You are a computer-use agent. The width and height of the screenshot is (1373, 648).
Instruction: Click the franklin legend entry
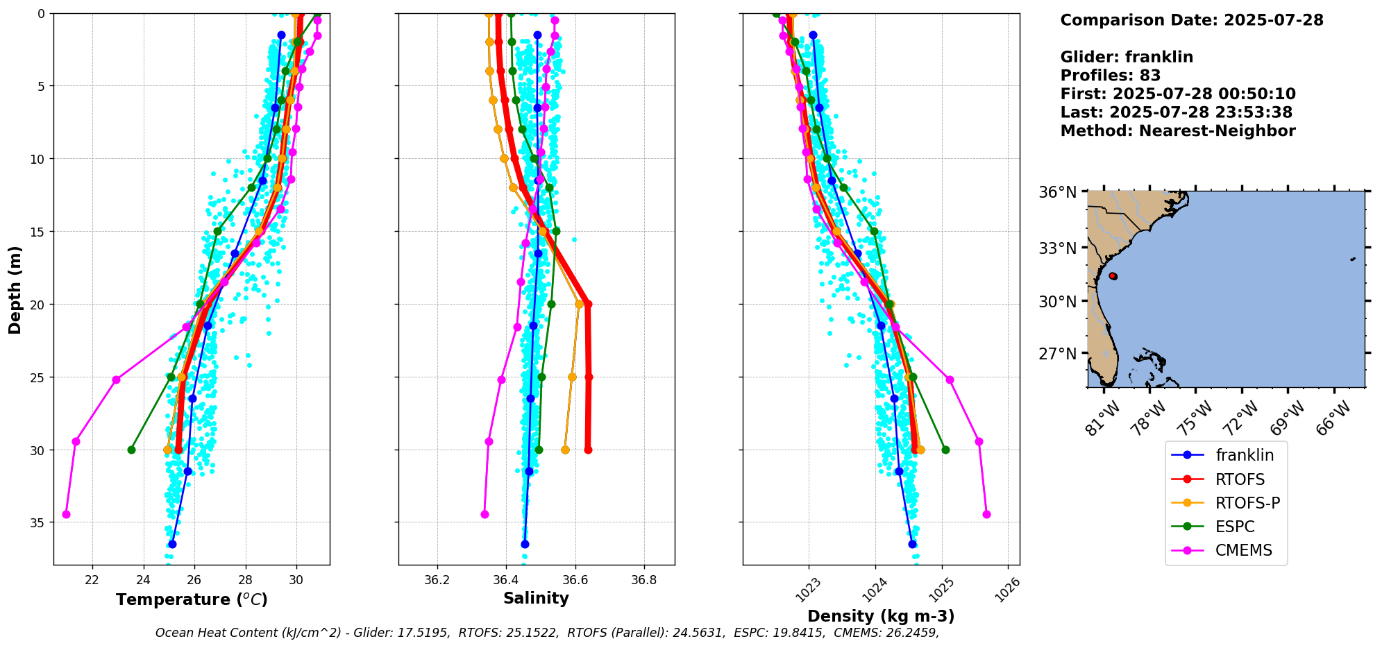[x=1244, y=455]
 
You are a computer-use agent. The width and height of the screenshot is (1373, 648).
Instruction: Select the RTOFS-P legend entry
[x=1247, y=503]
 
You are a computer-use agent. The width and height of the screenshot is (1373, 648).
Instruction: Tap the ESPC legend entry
[x=1234, y=527]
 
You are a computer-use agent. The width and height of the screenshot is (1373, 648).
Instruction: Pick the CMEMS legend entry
[x=1243, y=550]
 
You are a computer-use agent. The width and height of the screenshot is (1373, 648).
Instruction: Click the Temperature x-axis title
[x=192, y=599]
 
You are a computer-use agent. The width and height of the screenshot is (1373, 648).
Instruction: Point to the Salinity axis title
[x=536, y=598]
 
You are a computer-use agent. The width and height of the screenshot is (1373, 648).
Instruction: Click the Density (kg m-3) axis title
[x=881, y=616]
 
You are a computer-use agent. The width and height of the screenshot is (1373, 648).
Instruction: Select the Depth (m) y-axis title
[x=15, y=289]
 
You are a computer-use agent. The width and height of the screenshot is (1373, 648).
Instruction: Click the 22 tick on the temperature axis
[x=92, y=580]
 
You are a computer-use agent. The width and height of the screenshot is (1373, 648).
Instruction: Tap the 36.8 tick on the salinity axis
[x=643, y=580]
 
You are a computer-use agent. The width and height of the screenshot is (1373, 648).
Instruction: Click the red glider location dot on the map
[x=1113, y=276]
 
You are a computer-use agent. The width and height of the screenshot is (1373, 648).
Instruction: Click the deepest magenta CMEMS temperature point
[x=66, y=514]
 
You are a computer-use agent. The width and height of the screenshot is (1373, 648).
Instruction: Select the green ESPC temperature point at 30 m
[x=131, y=450]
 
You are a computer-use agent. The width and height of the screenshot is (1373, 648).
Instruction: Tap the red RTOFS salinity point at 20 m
[x=588, y=304]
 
